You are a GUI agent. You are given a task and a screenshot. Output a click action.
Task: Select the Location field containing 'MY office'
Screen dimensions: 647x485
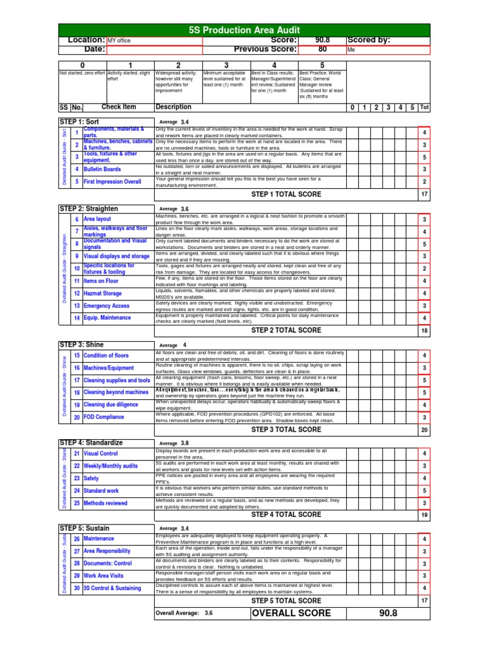(x=154, y=40)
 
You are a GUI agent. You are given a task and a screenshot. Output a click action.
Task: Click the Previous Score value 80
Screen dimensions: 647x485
(x=322, y=49)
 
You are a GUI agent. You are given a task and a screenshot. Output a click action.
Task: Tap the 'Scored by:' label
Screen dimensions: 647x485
(x=369, y=40)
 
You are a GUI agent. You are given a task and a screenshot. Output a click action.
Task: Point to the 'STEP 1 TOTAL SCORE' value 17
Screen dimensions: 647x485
(x=424, y=194)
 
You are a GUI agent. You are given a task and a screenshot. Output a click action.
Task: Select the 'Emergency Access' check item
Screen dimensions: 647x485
(x=106, y=306)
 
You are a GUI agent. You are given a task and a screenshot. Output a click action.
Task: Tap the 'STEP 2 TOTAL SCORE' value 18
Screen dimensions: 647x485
(x=424, y=330)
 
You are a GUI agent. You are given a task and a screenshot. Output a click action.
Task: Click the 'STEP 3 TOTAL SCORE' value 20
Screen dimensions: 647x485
(x=424, y=430)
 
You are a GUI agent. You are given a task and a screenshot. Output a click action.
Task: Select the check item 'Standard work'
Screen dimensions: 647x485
(x=101, y=490)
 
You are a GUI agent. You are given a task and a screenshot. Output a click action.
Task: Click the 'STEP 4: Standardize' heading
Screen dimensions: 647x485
(x=91, y=443)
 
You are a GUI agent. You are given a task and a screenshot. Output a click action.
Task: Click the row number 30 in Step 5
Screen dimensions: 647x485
(x=76, y=588)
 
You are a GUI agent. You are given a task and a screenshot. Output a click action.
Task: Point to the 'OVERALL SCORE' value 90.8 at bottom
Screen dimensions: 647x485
(x=388, y=614)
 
